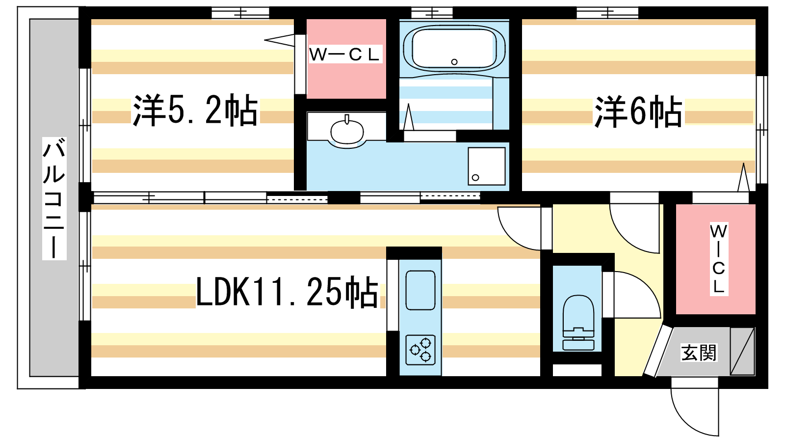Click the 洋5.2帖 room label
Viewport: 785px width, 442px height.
click(195, 110)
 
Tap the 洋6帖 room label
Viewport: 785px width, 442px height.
click(638, 111)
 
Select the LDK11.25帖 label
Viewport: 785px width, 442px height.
click(287, 292)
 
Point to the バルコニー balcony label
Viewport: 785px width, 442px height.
click(54, 198)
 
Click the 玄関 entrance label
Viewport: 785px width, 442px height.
click(699, 353)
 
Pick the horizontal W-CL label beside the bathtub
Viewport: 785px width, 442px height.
click(344, 55)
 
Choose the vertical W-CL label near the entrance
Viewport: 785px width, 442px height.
click(719, 258)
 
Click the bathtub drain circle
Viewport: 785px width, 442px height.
click(454, 62)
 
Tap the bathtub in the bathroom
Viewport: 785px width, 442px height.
click(454, 49)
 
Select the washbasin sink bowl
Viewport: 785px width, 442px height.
click(347, 132)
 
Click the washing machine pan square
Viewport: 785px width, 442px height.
click(486, 166)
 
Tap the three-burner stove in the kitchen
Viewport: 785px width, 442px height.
click(420, 350)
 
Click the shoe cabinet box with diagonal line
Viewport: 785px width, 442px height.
click(742, 351)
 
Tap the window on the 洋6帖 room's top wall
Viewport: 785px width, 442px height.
click(607, 13)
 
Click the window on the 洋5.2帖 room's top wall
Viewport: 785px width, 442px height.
click(240, 13)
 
